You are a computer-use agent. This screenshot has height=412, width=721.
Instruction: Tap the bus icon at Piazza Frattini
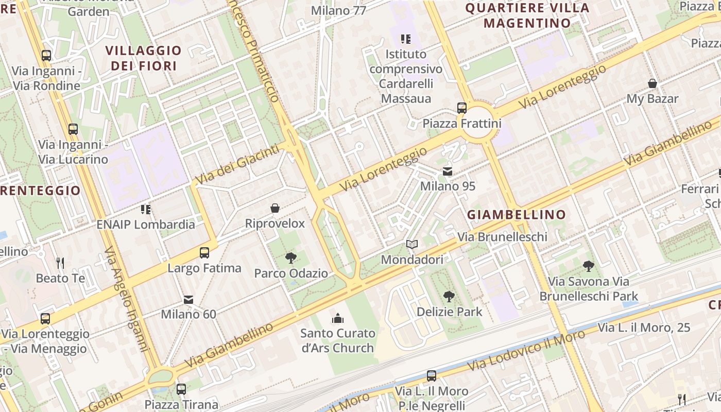point(462,108)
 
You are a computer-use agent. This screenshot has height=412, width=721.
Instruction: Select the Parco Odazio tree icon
point(291,257)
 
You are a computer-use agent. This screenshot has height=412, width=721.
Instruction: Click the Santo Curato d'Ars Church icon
point(338,318)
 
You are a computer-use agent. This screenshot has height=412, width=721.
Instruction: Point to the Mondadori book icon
point(411,244)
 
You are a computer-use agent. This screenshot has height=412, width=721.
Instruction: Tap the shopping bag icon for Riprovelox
point(275,208)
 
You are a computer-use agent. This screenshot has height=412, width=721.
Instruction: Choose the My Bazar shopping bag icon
point(653,83)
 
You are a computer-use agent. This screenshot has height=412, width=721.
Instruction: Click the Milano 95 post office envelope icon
point(448,171)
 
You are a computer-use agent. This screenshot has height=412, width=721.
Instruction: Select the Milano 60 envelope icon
point(188,299)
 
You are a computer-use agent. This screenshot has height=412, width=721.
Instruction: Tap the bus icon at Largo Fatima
point(204,252)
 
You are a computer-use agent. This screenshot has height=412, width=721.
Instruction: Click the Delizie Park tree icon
point(449,296)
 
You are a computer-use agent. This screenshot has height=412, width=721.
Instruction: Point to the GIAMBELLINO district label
point(517,215)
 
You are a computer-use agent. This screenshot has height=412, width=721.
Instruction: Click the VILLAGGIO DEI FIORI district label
point(144,58)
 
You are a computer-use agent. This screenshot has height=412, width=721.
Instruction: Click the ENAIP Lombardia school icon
point(146,209)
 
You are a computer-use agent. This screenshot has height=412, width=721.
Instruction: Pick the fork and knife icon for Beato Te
point(60,263)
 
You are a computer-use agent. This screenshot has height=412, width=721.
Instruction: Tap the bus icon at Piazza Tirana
point(181,389)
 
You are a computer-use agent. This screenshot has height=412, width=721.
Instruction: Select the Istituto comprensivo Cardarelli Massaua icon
point(406,39)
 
